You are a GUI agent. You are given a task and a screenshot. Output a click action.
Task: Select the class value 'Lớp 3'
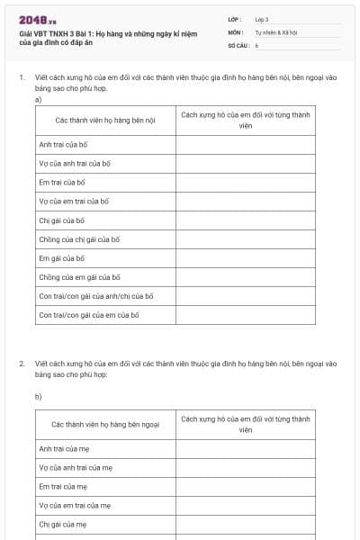pyautogui.click(x=262, y=19)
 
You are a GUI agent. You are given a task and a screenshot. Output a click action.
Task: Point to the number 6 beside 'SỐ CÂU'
pyautogui.click(x=257, y=44)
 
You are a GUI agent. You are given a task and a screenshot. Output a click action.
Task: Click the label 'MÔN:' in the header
pyautogui.click(x=236, y=31)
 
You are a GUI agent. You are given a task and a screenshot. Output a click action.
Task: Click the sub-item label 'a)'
pyautogui.click(x=39, y=100)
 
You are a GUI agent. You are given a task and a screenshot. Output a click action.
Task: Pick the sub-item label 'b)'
pyautogui.click(x=39, y=396)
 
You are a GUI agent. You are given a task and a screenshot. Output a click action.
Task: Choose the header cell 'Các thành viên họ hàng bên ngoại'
pyautogui.click(x=105, y=423)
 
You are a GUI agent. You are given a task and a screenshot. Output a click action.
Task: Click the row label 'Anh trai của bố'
pyautogui.click(x=62, y=144)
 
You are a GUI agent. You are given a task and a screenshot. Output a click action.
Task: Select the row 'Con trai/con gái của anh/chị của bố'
pyautogui.click(x=95, y=296)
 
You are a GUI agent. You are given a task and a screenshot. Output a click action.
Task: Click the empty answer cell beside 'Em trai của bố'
pyautogui.click(x=245, y=182)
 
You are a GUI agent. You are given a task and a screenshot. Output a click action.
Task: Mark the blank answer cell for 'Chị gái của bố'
pyautogui.click(x=245, y=220)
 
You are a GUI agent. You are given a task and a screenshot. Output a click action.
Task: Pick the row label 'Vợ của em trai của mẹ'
pyautogui.click(x=75, y=505)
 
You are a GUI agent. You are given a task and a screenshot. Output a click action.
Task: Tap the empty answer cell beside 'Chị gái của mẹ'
pyautogui.click(x=245, y=524)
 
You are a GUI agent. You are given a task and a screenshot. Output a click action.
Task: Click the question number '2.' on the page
pyautogui.click(x=22, y=364)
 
